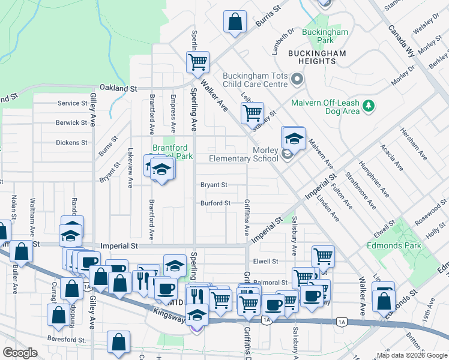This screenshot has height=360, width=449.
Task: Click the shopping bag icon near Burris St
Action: click(235, 22)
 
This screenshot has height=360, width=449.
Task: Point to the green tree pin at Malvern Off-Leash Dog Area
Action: click(369, 106)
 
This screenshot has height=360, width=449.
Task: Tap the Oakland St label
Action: click(118, 88)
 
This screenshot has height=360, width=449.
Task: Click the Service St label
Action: click(72, 103)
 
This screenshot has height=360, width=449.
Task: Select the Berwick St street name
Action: click(71, 122)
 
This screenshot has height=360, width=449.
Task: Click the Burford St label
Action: click(215, 203)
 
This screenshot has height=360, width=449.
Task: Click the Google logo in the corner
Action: click(20, 353)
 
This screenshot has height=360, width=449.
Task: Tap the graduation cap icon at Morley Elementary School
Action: click(294, 139)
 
